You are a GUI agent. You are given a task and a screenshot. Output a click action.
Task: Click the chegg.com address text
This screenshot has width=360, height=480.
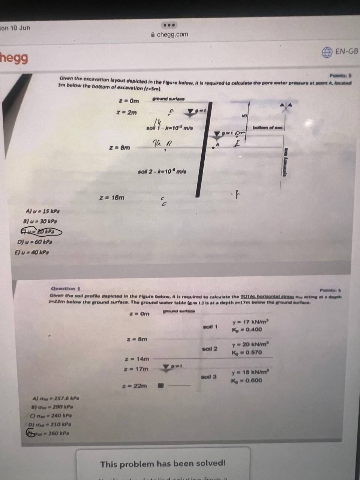[172, 34]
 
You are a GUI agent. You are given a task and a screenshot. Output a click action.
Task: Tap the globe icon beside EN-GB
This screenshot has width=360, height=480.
[327, 52]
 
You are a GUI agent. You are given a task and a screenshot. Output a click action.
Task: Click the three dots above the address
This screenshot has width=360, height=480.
[169, 25]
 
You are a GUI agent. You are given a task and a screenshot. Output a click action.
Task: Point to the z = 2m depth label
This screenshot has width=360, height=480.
[126, 112]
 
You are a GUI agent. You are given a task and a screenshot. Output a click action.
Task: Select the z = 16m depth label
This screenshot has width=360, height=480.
[112, 197]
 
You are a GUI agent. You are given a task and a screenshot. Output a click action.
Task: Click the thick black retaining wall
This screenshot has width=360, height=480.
[202, 150]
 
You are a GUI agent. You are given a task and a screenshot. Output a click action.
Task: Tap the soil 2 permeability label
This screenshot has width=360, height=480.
[162, 171]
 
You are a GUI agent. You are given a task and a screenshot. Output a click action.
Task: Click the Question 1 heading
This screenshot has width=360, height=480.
[66, 288]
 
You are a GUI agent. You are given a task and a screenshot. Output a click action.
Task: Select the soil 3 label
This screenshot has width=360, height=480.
[209, 376]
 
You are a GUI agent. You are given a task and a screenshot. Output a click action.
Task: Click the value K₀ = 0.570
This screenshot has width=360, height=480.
[247, 352]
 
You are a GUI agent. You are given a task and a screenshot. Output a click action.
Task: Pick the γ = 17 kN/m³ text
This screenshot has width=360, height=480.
[250, 322]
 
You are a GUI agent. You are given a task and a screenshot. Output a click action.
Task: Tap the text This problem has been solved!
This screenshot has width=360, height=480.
[163, 464]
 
